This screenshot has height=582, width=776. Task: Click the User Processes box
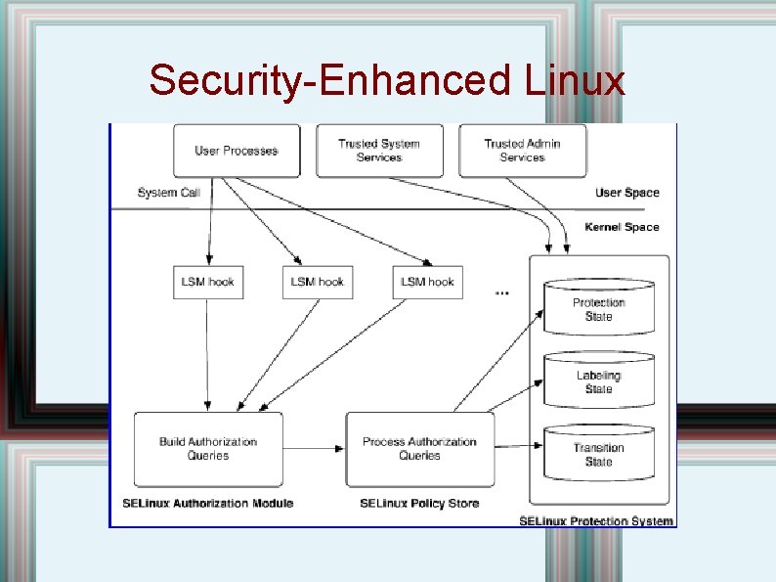tap(236, 151)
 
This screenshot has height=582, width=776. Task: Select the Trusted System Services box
tap(379, 151)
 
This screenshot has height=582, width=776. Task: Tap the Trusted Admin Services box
tap(522, 151)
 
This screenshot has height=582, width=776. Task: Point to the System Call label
tap(169, 193)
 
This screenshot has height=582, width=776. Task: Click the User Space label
tap(626, 193)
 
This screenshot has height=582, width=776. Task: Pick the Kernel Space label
tap(622, 227)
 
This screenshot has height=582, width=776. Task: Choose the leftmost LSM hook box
tap(208, 282)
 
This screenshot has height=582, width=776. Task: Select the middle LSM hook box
tap(318, 282)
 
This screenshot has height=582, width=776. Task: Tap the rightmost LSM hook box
tap(427, 282)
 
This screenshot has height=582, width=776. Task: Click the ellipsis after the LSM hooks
tap(502, 291)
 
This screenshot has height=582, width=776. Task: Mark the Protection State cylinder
tap(598, 308)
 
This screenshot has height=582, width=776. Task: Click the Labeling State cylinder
tap(598, 381)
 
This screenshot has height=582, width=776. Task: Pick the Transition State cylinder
tap(598, 454)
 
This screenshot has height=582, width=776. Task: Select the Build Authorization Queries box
tap(208, 449)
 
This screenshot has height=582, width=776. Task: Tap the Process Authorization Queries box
tap(420, 449)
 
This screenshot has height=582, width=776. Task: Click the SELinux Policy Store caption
tap(419, 504)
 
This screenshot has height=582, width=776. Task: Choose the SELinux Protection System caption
tap(596, 520)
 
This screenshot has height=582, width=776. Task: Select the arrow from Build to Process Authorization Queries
tap(314, 449)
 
